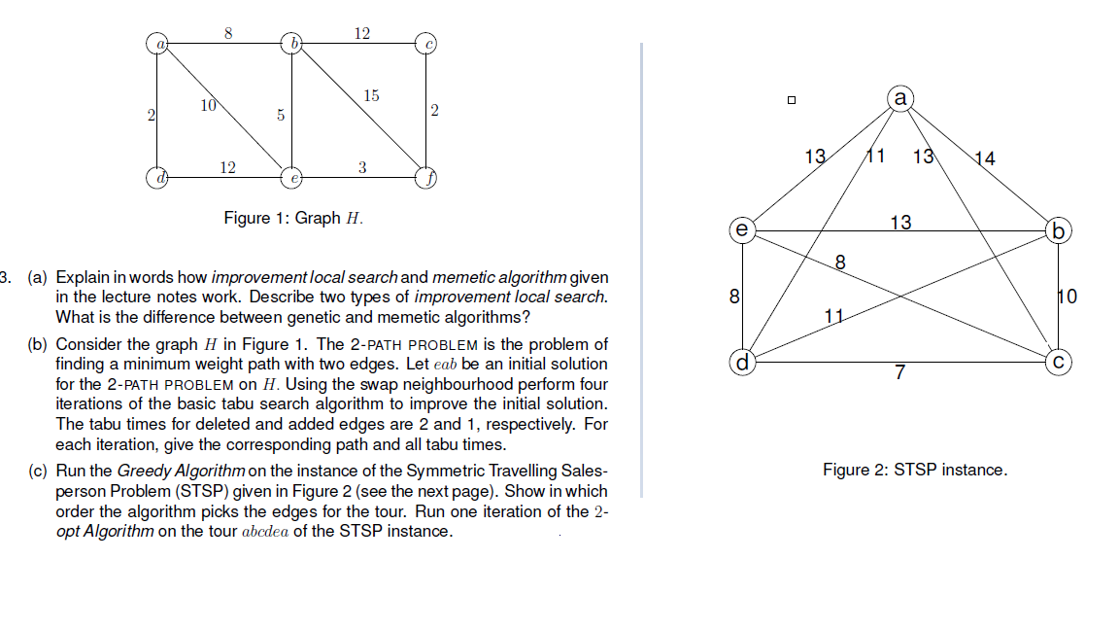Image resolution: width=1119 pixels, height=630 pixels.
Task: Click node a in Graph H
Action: pyautogui.click(x=157, y=43)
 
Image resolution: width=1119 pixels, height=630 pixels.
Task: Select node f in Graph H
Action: pyautogui.click(x=425, y=178)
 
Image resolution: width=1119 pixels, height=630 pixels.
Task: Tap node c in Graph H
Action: pyautogui.click(x=425, y=43)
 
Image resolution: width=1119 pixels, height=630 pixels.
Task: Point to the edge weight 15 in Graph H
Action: pyautogui.click(x=371, y=95)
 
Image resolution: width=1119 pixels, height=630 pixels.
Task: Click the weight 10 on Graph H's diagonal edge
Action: pyautogui.click(x=208, y=105)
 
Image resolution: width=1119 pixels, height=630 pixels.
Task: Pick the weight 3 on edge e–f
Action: pyautogui.click(x=361, y=167)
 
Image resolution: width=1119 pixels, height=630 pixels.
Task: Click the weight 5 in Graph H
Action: pyautogui.click(x=280, y=115)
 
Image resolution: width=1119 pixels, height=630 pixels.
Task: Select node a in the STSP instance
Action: pyautogui.click(x=900, y=98)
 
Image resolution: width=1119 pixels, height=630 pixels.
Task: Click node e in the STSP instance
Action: pyautogui.click(x=742, y=231)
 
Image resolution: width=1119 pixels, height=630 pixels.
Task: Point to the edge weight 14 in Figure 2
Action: pyautogui.click(x=984, y=158)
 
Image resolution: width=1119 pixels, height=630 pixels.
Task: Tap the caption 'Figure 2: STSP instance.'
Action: pyautogui.click(x=914, y=470)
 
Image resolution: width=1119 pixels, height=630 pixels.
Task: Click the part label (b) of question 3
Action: pyautogui.click(x=39, y=344)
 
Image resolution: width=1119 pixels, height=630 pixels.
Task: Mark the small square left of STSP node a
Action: pyautogui.click(x=792, y=99)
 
